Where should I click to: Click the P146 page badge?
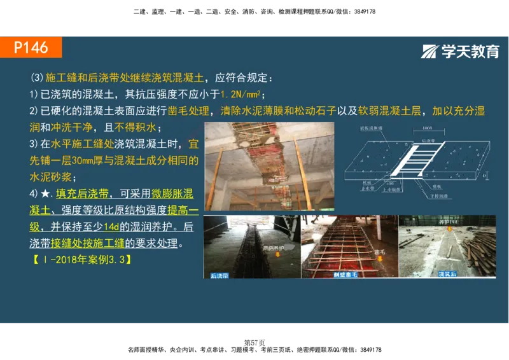click(31, 48)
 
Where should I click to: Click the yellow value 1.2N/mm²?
click(241, 95)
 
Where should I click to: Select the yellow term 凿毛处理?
click(188, 111)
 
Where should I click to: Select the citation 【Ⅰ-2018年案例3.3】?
click(81, 260)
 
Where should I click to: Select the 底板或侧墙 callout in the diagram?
click(370, 128)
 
